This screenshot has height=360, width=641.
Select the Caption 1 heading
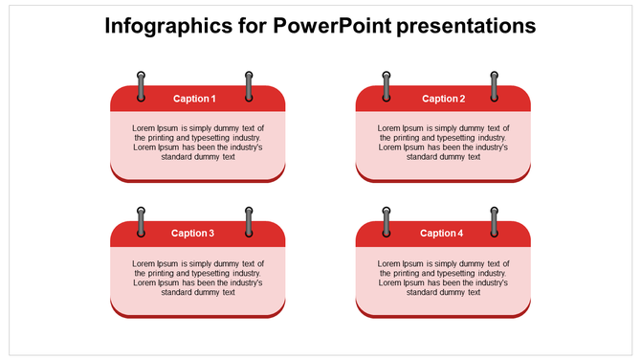pyautogui.click(x=194, y=99)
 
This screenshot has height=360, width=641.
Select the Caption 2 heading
pyautogui.click(x=443, y=99)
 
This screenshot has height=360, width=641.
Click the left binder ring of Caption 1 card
pyautogui.click(x=142, y=84)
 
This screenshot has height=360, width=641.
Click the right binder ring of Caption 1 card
pyautogui.click(x=249, y=84)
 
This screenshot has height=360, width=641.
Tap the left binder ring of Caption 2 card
pyautogui.click(x=387, y=84)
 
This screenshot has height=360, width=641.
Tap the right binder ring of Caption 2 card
pyautogui.click(x=495, y=84)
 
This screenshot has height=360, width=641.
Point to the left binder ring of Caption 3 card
pyautogui.click(x=142, y=220)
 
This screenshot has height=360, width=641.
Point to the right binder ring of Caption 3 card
pyautogui.click(x=249, y=220)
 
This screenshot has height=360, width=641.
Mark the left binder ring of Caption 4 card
pyautogui.click(x=387, y=220)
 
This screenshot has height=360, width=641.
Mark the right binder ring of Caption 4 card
pyautogui.click(x=495, y=220)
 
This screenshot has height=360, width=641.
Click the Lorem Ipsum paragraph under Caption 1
pyautogui.click(x=197, y=143)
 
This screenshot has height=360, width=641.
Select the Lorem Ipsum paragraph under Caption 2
pyautogui.click(x=443, y=143)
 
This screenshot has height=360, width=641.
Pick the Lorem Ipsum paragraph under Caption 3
pyautogui.click(x=197, y=278)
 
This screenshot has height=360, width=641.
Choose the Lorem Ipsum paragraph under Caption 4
pyautogui.click(x=443, y=278)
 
